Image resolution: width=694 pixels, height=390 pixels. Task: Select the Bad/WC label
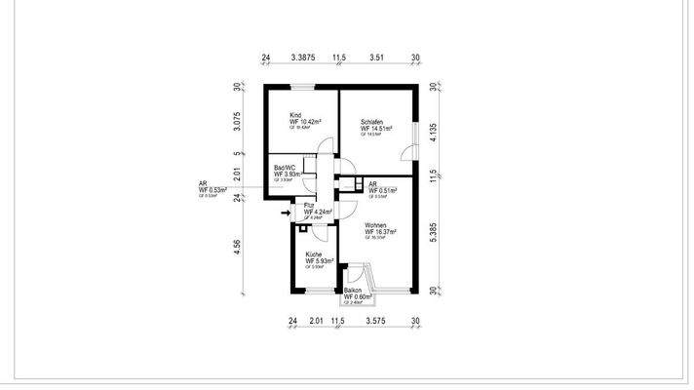click(284, 167)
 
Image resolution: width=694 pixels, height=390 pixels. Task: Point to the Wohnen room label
click(376, 225)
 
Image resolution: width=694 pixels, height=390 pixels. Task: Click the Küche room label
click(314, 254)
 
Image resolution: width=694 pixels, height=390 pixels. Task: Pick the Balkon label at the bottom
click(353, 290)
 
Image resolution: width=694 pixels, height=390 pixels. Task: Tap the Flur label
click(310, 206)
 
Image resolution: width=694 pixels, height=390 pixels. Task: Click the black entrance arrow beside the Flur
click(285, 212)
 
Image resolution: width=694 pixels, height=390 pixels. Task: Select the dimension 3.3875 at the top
click(303, 58)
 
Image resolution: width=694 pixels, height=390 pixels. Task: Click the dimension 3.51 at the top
click(376, 58)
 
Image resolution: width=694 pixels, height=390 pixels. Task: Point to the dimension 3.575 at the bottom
click(377, 320)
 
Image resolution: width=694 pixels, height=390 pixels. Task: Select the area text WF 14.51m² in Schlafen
click(377, 128)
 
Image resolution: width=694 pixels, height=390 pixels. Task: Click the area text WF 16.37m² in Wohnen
click(381, 232)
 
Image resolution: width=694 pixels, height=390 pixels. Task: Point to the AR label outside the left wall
click(202, 183)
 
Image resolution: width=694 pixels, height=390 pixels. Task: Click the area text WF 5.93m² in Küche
click(320, 261)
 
